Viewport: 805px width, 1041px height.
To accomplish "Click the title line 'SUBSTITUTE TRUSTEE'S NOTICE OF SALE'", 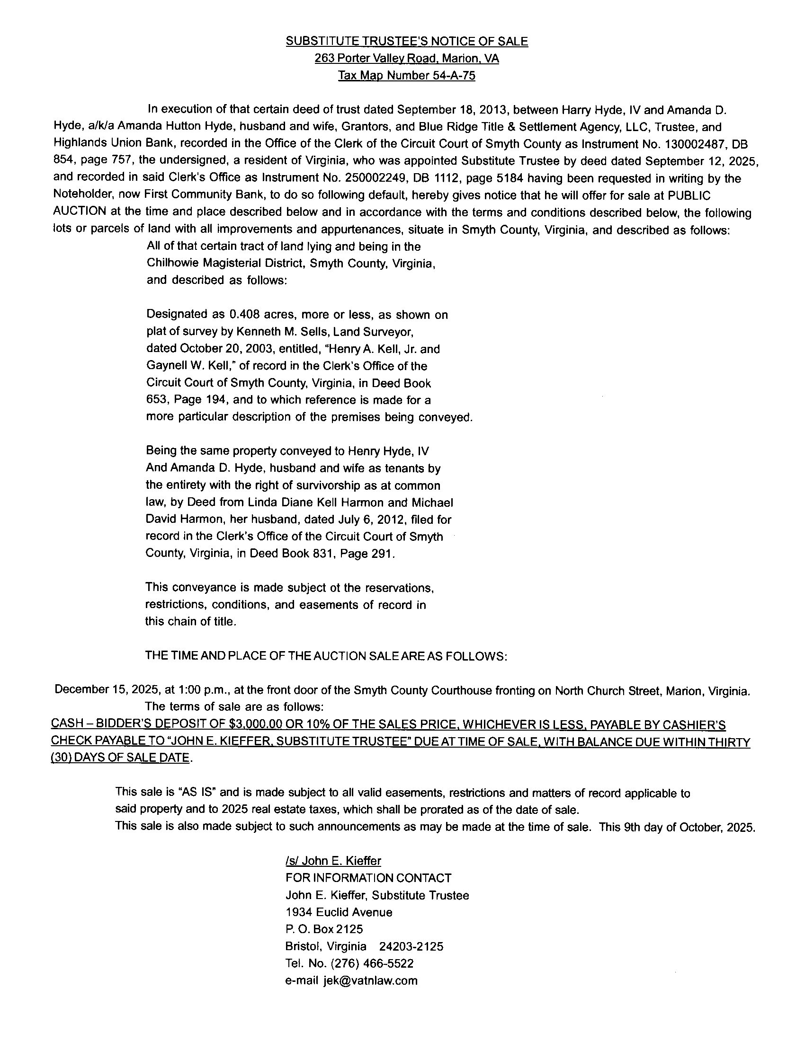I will (407, 42).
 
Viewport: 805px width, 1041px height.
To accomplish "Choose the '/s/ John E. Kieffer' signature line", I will (333, 860).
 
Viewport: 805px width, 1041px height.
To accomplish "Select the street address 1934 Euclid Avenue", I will (339, 912).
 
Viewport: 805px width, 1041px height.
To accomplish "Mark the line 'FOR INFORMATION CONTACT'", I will (368, 877).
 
